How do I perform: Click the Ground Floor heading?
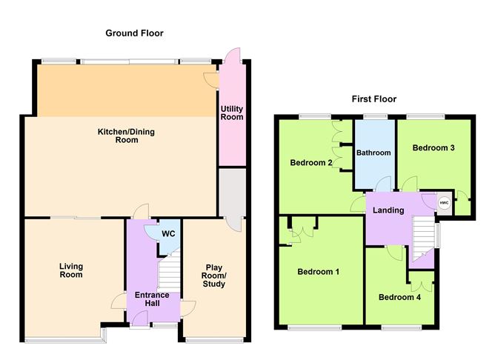click(134, 33)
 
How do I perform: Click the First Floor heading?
click(374, 99)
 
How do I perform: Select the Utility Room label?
click(232, 113)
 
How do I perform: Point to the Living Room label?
click(72, 270)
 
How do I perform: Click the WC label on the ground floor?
click(167, 233)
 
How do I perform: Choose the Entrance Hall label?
click(152, 299)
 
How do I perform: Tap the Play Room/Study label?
click(214, 275)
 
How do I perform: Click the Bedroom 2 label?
click(310, 163)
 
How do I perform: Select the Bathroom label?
click(373, 153)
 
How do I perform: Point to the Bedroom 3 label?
click(433, 148)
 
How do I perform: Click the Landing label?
click(388, 210)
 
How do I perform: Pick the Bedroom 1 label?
click(318, 272)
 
